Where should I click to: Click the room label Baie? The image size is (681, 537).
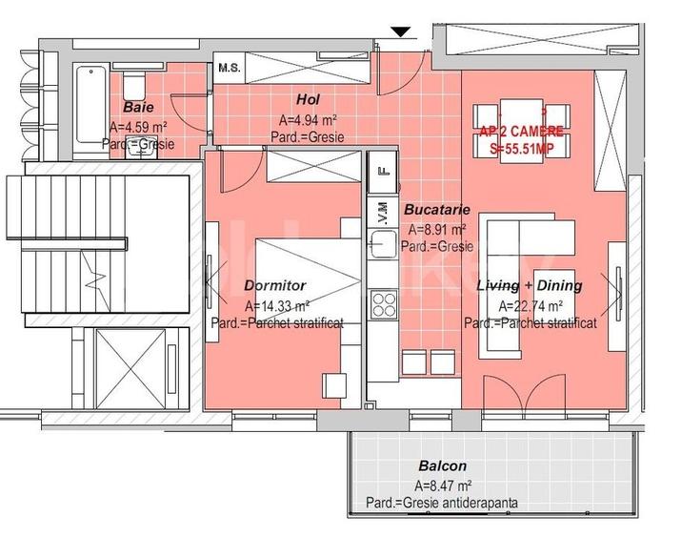(138, 108)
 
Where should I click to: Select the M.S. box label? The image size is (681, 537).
(229, 68)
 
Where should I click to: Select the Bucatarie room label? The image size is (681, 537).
(434, 209)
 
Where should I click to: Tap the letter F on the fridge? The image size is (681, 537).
(383, 173)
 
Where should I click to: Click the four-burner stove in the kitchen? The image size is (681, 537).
(383, 304)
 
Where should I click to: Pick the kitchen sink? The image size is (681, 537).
(383, 244)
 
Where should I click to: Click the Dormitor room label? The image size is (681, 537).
(274, 285)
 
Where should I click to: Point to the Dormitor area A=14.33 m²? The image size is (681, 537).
(276, 306)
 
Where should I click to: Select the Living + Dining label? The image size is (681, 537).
(529, 285)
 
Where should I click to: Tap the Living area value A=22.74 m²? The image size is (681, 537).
(531, 306)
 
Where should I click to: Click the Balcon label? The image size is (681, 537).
(442, 466)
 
